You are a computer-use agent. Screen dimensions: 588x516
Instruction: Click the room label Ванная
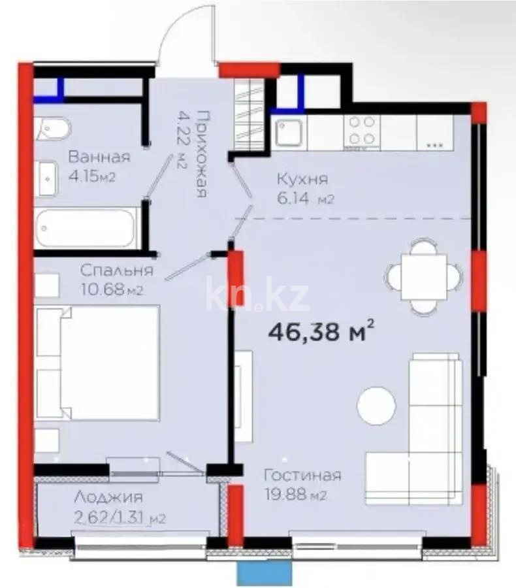[x=99, y=157]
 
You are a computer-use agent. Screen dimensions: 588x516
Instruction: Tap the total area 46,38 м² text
[x=321, y=332]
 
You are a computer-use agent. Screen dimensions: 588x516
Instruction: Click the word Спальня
[x=118, y=270]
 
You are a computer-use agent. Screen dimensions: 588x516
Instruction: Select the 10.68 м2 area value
[x=111, y=290]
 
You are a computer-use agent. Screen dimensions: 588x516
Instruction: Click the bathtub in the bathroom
[x=86, y=228]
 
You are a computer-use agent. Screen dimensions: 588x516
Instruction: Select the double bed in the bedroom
[x=98, y=363]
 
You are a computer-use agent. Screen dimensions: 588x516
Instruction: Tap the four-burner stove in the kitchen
[x=361, y=129]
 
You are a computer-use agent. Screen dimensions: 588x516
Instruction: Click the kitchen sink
[x=289, y=133]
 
